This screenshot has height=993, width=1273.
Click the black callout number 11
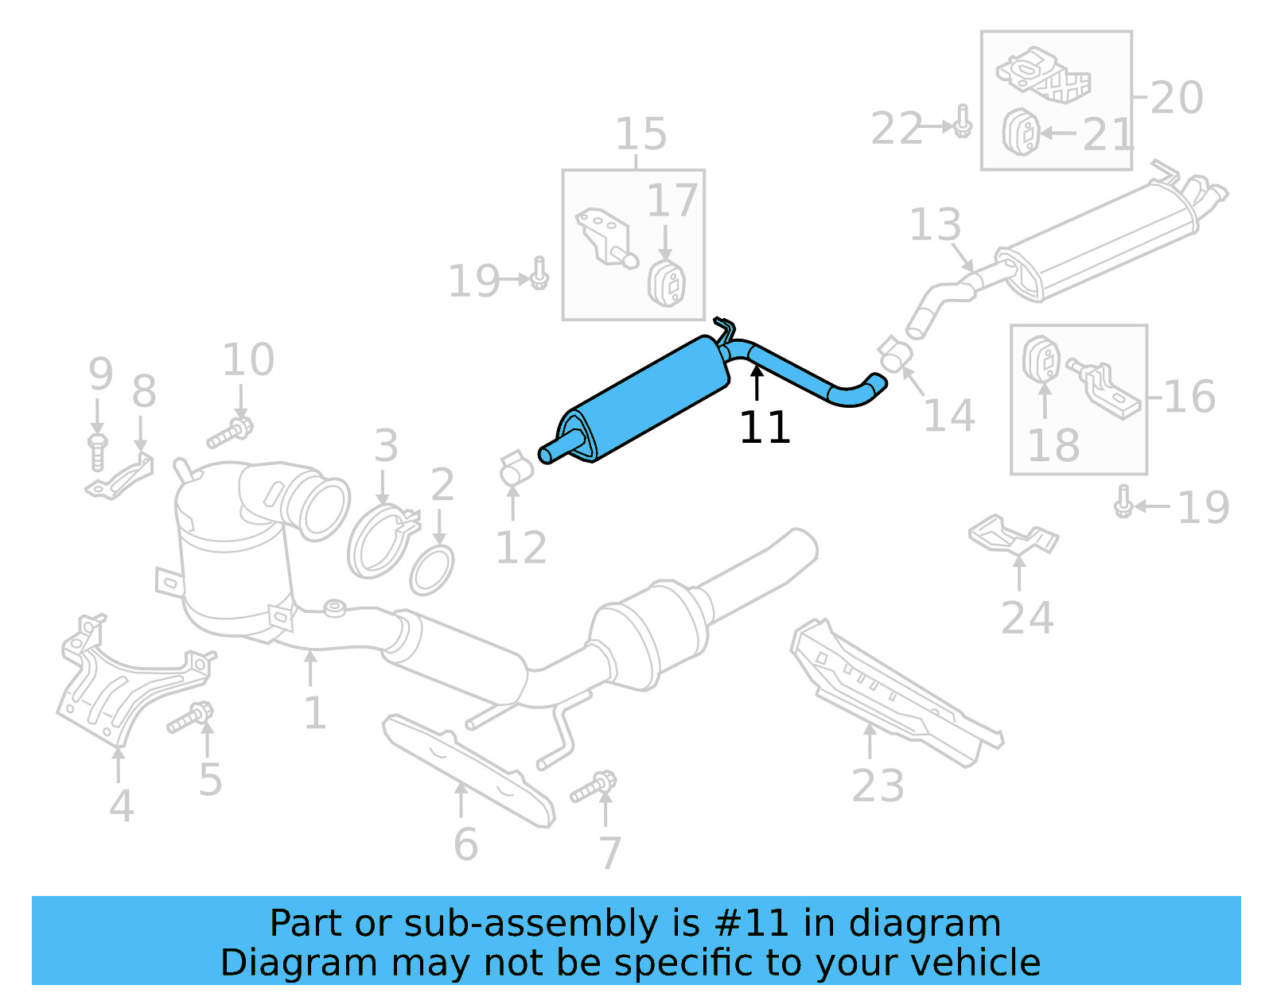pyautogui.click(x=764, y=429)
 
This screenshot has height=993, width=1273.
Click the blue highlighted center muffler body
pyautogui.click(x=648, y=398)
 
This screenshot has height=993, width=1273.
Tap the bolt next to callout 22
pyautogui.click(x=963, y=122)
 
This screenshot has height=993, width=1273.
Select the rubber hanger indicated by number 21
pyautogui.click(x=1021, y=133)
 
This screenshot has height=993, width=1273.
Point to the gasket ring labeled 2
pyautogui.click(x=431, y=570)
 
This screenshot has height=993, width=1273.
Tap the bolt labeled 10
pyautogui.click(x=230, y=431)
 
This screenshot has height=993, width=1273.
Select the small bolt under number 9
pyautogui.click(x=97, y=451)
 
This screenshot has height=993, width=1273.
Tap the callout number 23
pyautogui.click(x=878, y=785)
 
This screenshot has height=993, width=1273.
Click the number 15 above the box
pyautogui.click(x=640, y=134)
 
